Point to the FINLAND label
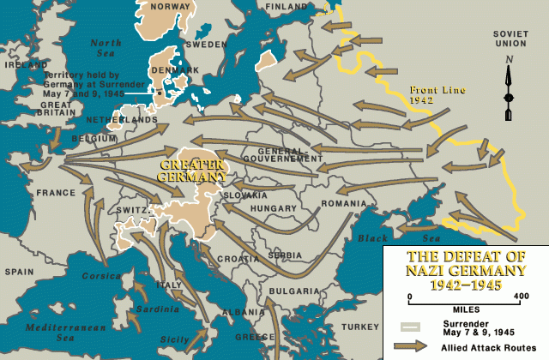tap(285, 6)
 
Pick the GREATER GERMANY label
tap(192, 169)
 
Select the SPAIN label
tap(18, 271)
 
